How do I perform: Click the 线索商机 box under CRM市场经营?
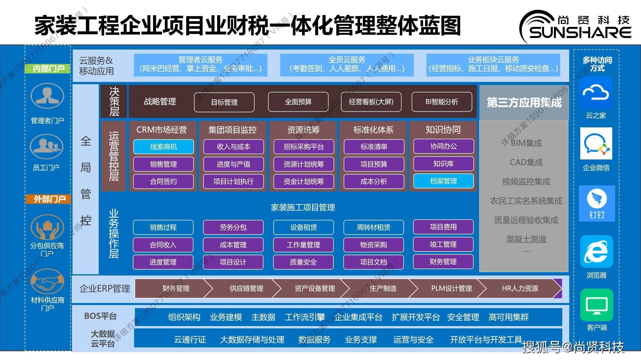pyautogui.click(x=163, y=147)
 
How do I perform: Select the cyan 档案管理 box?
pyautogui.click(x=443, y=181)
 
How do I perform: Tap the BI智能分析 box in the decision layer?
pyautogui.click(x=442, y=102)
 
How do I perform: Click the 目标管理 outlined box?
pyautogui.click(x=224, y=102)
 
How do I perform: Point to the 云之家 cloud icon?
pyautogui.click(x=596, y=92)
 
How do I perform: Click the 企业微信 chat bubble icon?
pyautogui.click(x=596, y=144)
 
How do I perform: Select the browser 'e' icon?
pyautogui.click(x=597, y=252)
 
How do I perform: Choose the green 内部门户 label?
pyautogui.click(x=48, y=69)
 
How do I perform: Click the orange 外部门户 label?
pyautogui.click(x=48, y=199)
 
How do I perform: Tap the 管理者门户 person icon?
pyautogui.click(x=47, y=96)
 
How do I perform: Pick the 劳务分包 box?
pyautogui.click(x=233, y=227)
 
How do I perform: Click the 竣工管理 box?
pyautogui.click(x=443, y=244)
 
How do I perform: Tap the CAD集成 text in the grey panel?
pyautogui.click(x=526, y=162)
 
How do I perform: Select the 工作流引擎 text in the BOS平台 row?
pyautogui.click(x=305, y=317)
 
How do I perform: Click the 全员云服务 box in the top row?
pyautogui.click(x=347, y=65)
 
